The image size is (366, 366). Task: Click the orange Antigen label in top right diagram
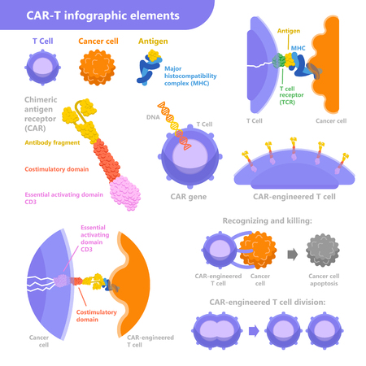pos(290,31)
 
